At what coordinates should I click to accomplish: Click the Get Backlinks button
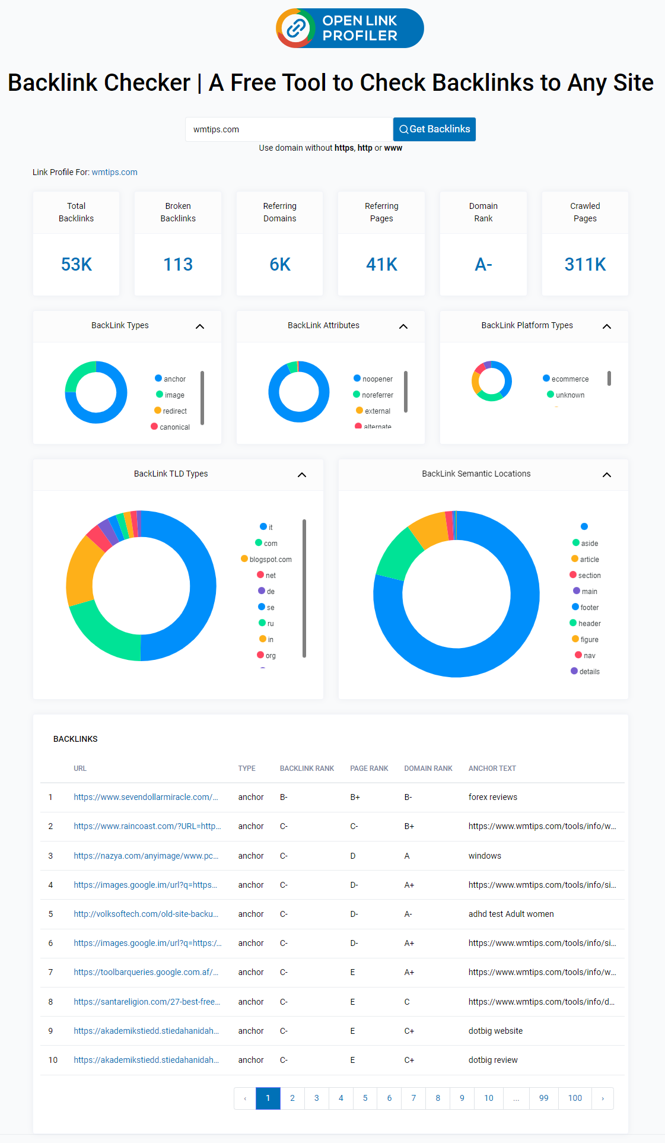[x=434, y=129]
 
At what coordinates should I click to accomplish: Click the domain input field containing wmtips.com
[x=288, y=129]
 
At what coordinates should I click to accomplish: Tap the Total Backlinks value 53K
[x=77, y=264]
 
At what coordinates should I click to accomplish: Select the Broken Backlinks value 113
[x=178, y=264]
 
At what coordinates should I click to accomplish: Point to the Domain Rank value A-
[x=483, y=264]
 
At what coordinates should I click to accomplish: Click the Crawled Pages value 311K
[x=585, y=264]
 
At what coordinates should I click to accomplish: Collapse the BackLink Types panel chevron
[x=200, y=326]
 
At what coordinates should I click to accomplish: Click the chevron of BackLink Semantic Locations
[x=607, y=475]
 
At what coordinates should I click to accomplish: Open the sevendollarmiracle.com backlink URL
[x=146, y=797]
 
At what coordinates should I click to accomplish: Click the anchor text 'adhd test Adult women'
[x=511, y=914]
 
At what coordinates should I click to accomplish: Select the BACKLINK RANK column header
[x=307, y=769]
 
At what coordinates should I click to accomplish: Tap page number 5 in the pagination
[x=365, y=1098]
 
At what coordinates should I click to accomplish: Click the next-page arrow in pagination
[x=603, y=1098]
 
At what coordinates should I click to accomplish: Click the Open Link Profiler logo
[x=350, y=28]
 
